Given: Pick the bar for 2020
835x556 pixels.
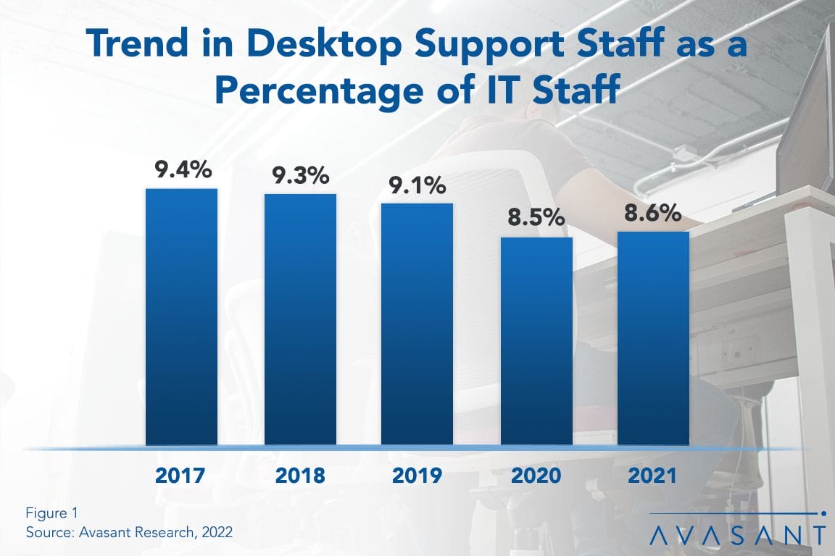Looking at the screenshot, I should [536, 341].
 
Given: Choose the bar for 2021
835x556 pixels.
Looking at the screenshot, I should [653, 338].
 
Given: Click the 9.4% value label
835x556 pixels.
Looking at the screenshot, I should [182, 170].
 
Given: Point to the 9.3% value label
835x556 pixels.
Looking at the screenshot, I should [300, 176].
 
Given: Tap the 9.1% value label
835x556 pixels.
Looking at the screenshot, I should [417, 185].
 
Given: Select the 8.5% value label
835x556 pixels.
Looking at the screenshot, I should [536, 219].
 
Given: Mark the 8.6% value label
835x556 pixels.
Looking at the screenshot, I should [653, 214].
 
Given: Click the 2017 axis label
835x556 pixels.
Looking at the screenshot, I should [181, 476].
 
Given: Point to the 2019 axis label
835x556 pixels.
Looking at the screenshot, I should [417, 476].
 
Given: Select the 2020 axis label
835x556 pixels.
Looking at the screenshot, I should [536, 476].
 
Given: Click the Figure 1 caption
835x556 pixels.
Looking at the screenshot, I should [51, 513].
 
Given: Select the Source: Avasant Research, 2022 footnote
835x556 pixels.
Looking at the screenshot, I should [129, 532].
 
